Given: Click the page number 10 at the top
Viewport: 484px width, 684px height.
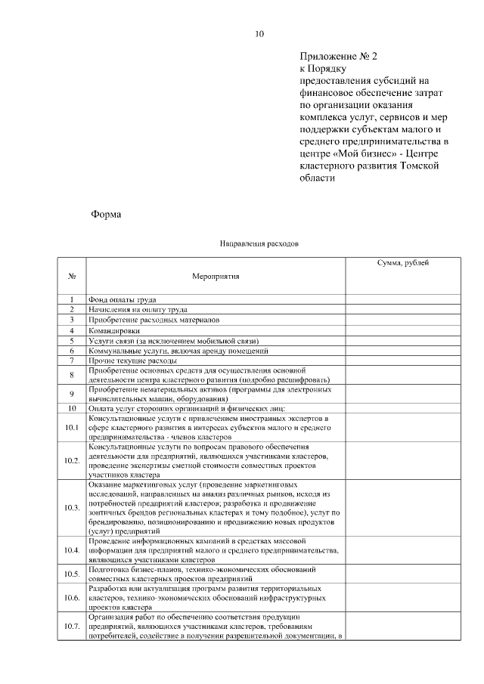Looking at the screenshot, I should click(x=259, y=33).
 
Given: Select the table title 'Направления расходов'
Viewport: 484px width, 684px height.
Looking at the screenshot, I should click(x=259, y=244).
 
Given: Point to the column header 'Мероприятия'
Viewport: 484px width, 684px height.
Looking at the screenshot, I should click(x=216, y=276).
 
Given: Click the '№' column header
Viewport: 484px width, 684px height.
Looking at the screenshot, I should click(x=72, y=276).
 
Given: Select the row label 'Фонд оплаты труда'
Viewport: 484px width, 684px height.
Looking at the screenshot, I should click(x=123, y=300).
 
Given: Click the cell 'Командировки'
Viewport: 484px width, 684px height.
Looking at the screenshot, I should click(x=114, y=330).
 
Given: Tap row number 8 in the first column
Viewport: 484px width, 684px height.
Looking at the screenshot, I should click(x=72, y=375).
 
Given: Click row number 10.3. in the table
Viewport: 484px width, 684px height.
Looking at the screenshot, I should click(x=72, y=507).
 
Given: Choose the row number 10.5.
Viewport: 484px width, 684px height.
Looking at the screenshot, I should click(x=72, y=574).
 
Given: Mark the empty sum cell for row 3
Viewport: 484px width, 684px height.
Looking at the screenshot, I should click(x=403, y=320).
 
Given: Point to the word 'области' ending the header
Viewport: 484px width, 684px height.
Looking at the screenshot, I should click(x=316, y=178).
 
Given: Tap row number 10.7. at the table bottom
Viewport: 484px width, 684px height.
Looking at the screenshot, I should click(x=72, y=627).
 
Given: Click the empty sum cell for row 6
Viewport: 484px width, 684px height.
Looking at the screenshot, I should click(x=403, y=351).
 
